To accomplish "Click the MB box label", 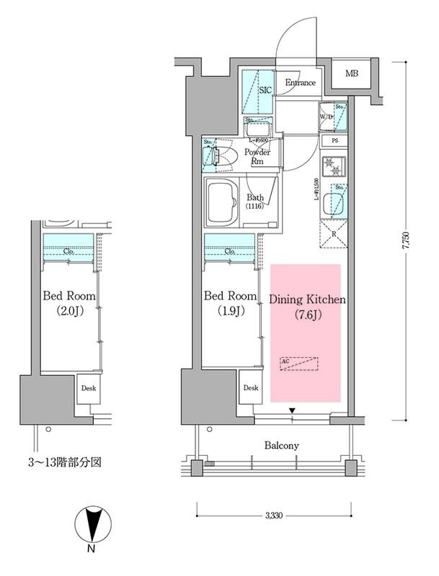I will [351, 73].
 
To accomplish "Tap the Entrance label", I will [300, 83].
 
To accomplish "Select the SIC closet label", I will [265, 91].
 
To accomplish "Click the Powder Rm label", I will [257, 157].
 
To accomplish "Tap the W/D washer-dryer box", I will [326, 117].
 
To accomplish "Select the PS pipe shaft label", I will [335, 141].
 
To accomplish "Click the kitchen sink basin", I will [334, 203].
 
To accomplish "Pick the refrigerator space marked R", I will [334, 233].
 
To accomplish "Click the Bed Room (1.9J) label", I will [230, 303].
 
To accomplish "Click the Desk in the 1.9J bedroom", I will [250, 388].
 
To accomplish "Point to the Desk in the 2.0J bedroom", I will [89, 389].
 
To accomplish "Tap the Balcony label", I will [281, 446].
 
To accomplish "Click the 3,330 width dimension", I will [273, 516].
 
